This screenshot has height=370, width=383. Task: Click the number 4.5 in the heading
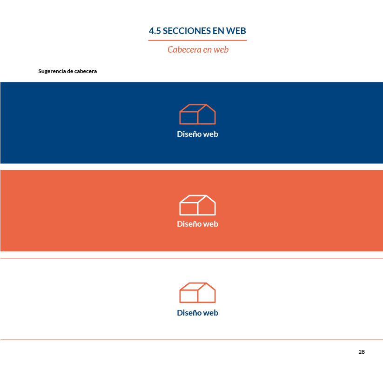[155, 31]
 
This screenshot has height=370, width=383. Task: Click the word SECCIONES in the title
[187, 31]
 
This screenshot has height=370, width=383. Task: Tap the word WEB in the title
[236, 31]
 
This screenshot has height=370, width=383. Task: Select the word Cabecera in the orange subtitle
[184, 50]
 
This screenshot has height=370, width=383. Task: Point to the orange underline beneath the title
[197, 40]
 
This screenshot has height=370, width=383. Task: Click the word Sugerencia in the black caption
[52, 71]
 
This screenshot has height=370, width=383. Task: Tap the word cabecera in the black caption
[86, 71]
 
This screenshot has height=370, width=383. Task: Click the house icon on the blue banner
[198, 105]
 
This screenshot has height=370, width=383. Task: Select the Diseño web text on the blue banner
[198, 134]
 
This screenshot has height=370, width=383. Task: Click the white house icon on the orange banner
[198, 195]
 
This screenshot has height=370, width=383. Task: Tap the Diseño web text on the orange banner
[198, 224]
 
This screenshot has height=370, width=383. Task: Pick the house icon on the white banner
[198, 283]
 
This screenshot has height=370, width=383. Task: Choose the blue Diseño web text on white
[198, 313]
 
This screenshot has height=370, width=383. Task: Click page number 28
[362, 352]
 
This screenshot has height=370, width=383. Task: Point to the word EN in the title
[218, 31]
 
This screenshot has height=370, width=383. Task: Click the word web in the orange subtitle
[221, 50]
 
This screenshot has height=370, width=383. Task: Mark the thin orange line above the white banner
[192, 258]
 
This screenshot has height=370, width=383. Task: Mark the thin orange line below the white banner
[192, 340]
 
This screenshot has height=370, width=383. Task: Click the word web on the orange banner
[210, 224]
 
